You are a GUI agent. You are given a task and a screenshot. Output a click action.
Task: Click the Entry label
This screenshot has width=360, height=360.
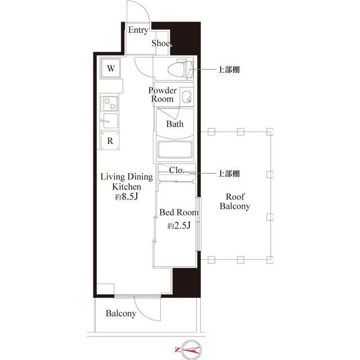coord(138,30)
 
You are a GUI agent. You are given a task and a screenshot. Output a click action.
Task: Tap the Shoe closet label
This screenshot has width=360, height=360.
coord(162,44)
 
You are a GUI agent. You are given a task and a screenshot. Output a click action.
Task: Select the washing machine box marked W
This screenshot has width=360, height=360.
coord(111,69)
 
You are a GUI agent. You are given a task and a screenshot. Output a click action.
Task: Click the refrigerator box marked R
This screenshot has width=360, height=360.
coord(111,141)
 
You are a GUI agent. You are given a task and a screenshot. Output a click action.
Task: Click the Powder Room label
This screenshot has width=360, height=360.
coord(163,94)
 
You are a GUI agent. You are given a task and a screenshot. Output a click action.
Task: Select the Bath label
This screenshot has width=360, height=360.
coord(174,124)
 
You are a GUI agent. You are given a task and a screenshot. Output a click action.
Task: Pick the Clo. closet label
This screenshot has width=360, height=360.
coord(176,169)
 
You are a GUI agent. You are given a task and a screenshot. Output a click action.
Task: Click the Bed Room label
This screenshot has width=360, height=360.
coord(179,213)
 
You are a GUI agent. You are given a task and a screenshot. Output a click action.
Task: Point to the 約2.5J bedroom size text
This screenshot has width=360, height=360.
coord(179,226)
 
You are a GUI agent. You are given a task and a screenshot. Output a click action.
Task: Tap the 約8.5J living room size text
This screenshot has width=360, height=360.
coord(126,197)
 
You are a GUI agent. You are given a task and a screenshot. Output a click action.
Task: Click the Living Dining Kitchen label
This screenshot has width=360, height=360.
coord(126,181)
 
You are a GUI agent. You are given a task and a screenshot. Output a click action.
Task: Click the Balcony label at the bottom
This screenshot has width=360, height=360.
coord(121,313)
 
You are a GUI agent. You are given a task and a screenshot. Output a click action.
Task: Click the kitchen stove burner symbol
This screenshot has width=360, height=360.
coord(110,103)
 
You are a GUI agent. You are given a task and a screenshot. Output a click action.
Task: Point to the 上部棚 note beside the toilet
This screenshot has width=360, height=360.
coord(229,70)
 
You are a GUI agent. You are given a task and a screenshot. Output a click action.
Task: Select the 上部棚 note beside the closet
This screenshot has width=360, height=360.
coord(229,173)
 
